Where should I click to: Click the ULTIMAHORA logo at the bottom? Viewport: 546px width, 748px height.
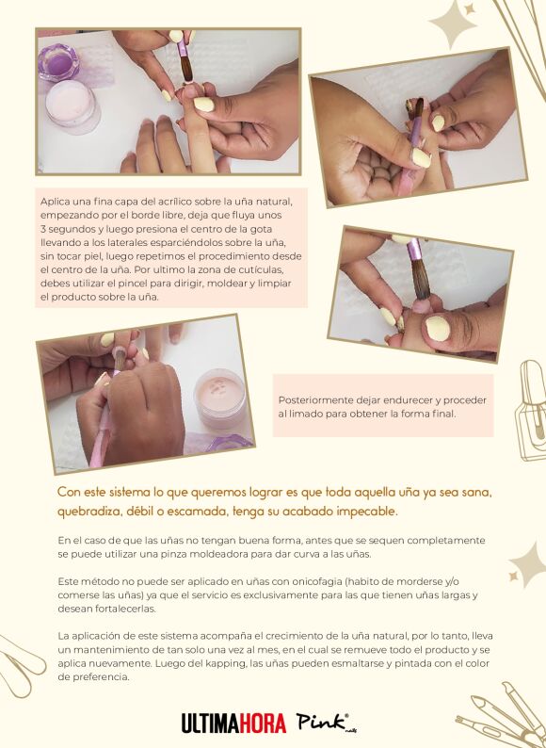point(233,724)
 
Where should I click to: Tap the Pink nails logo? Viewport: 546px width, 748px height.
point(326,723)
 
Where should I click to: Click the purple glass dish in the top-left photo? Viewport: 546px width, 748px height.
point(58,62)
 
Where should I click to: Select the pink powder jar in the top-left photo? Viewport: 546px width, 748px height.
point(73,106)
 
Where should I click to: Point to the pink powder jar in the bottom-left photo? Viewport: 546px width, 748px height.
point(220,398)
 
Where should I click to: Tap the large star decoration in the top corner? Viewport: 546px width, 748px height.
point(453,24)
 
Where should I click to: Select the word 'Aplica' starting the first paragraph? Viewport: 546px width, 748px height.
point(54,202)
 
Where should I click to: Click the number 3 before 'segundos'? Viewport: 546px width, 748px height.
point(43,229)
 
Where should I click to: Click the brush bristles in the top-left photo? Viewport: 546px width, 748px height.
point(186,69)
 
